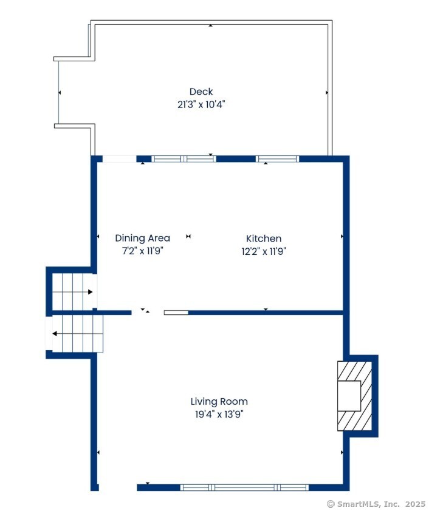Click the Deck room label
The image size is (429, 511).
pyautogui.click(x=201, y=92)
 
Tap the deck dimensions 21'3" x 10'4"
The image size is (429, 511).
pyautogui.click(x=201, y=104)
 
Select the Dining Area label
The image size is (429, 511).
pyautogui.click(x=143, y=239)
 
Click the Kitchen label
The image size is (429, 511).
pyautogui.click(x=264, y=239)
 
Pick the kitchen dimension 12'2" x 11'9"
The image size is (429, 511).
pyautogui.click(x=264, y=251)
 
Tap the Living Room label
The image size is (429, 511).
pyautogui.click(x=219, y=402)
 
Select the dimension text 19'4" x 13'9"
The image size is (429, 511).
pyautogui.click(x=219, y=415)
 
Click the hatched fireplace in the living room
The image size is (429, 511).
pyautogui.click(x=354, y=396)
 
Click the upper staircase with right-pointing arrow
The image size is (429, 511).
pyautogui.click(x=73, y=292)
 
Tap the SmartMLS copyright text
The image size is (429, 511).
pyautogui.click(x=376, y=504)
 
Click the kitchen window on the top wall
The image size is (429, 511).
pyautogui.click(x=278, y=159)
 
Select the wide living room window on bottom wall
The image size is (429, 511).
pyautogui.click(x=244, y=487)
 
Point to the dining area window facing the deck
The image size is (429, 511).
pyautogui.click(x=184, y=159)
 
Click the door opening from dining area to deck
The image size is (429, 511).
pyautogui.click(x=119, y=159)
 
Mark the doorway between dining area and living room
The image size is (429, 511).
pyautogui.click(x=147, y=313)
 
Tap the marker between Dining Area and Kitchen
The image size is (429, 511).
pyautogui.click(x=188, y=237)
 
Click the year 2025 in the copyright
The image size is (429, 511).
pyautogui.click(x=416, y=504)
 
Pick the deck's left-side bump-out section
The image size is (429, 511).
pyautogui.click(x=74, y=92)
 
